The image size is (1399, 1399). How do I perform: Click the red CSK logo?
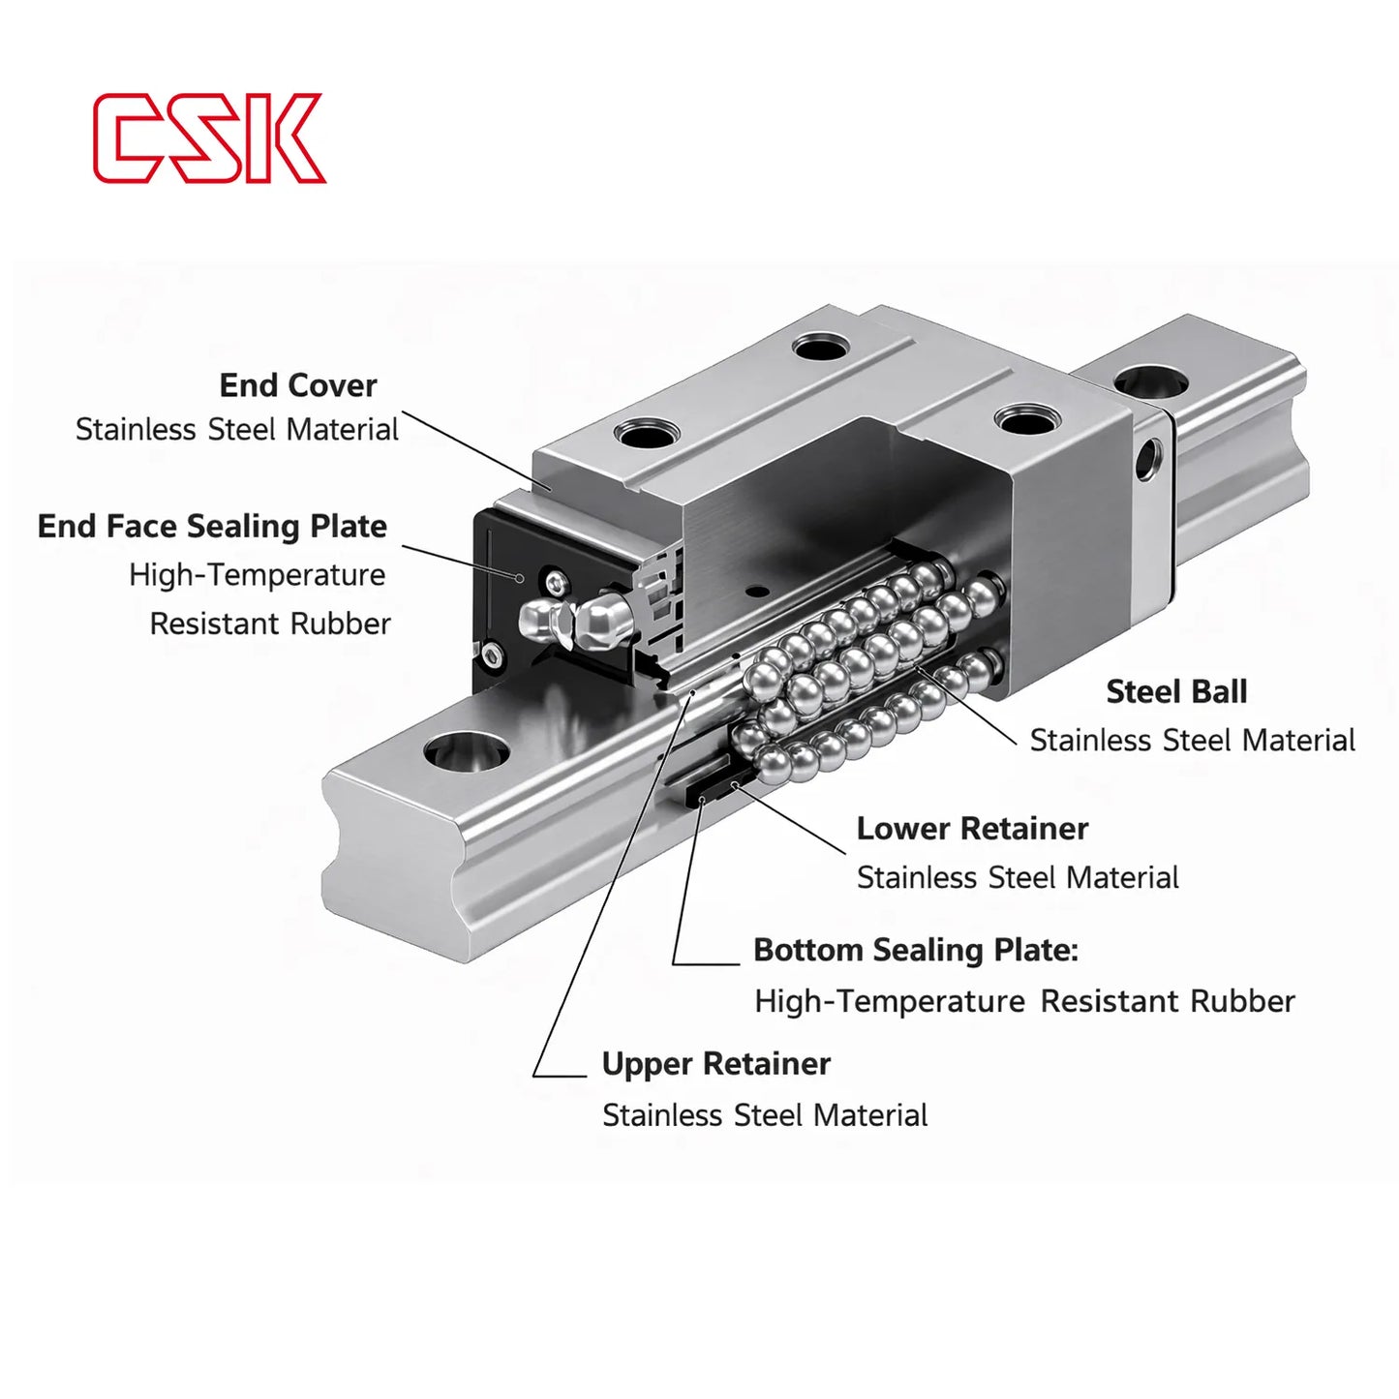(208, 137)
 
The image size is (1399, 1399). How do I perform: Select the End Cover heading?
(297, 385)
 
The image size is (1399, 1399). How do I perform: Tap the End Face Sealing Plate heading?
(212, 527)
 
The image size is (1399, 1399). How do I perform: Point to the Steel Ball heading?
(1175, 691)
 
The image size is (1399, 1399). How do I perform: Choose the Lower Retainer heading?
(971, 829)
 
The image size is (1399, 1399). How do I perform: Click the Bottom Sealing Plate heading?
(915, 950)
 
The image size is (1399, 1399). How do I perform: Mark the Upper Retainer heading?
(715, 1064)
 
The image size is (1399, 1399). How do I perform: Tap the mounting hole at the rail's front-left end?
(467, 750)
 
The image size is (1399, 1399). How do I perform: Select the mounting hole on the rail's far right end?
(1150, 381)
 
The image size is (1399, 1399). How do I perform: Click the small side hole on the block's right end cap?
(1149, 459)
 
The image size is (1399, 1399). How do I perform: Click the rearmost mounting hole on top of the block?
(820, 346)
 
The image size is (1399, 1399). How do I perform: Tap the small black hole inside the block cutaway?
(757, 591)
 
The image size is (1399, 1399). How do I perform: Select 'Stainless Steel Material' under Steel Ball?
(1192, 741)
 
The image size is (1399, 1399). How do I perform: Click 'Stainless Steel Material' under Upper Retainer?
(764, 1115)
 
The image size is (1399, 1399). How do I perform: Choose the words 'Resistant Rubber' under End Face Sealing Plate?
(270, 623)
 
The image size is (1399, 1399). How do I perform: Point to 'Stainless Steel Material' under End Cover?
(236, 430)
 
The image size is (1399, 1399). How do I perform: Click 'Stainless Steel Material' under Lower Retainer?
(1017, 878)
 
